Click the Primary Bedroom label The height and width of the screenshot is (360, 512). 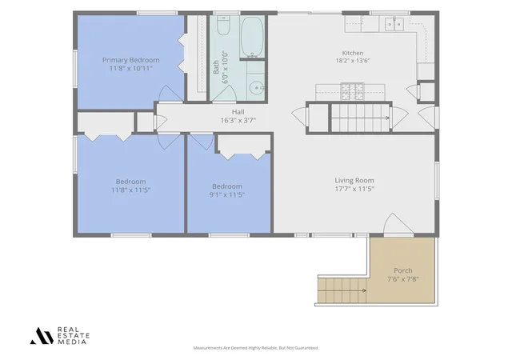[x=131, y=60]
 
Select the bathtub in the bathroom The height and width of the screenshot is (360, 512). [x=252, y=36]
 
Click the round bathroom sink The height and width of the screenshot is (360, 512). [x=256, y=88]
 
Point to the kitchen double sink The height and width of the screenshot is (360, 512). [x=394, y=24]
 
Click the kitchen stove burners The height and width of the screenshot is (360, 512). [x=352, y=91]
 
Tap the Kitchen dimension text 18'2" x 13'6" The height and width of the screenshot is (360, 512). [x=353, y=61]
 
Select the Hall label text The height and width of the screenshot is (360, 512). [x=238, y=112]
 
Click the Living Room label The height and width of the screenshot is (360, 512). [x=354, y=180]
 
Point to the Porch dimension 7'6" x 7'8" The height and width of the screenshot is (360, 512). [x=403, y=279]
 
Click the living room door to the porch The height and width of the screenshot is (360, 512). [x=398, y=224]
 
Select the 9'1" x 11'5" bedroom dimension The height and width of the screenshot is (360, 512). [x=227, y=194]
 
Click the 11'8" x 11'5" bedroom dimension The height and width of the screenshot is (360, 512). [x=131, y=190]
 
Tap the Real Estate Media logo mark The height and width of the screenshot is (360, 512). [x=42, y=336]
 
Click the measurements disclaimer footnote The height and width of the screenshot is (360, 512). [x=256, y=348]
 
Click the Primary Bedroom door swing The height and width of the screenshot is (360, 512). [x=170, y=94]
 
